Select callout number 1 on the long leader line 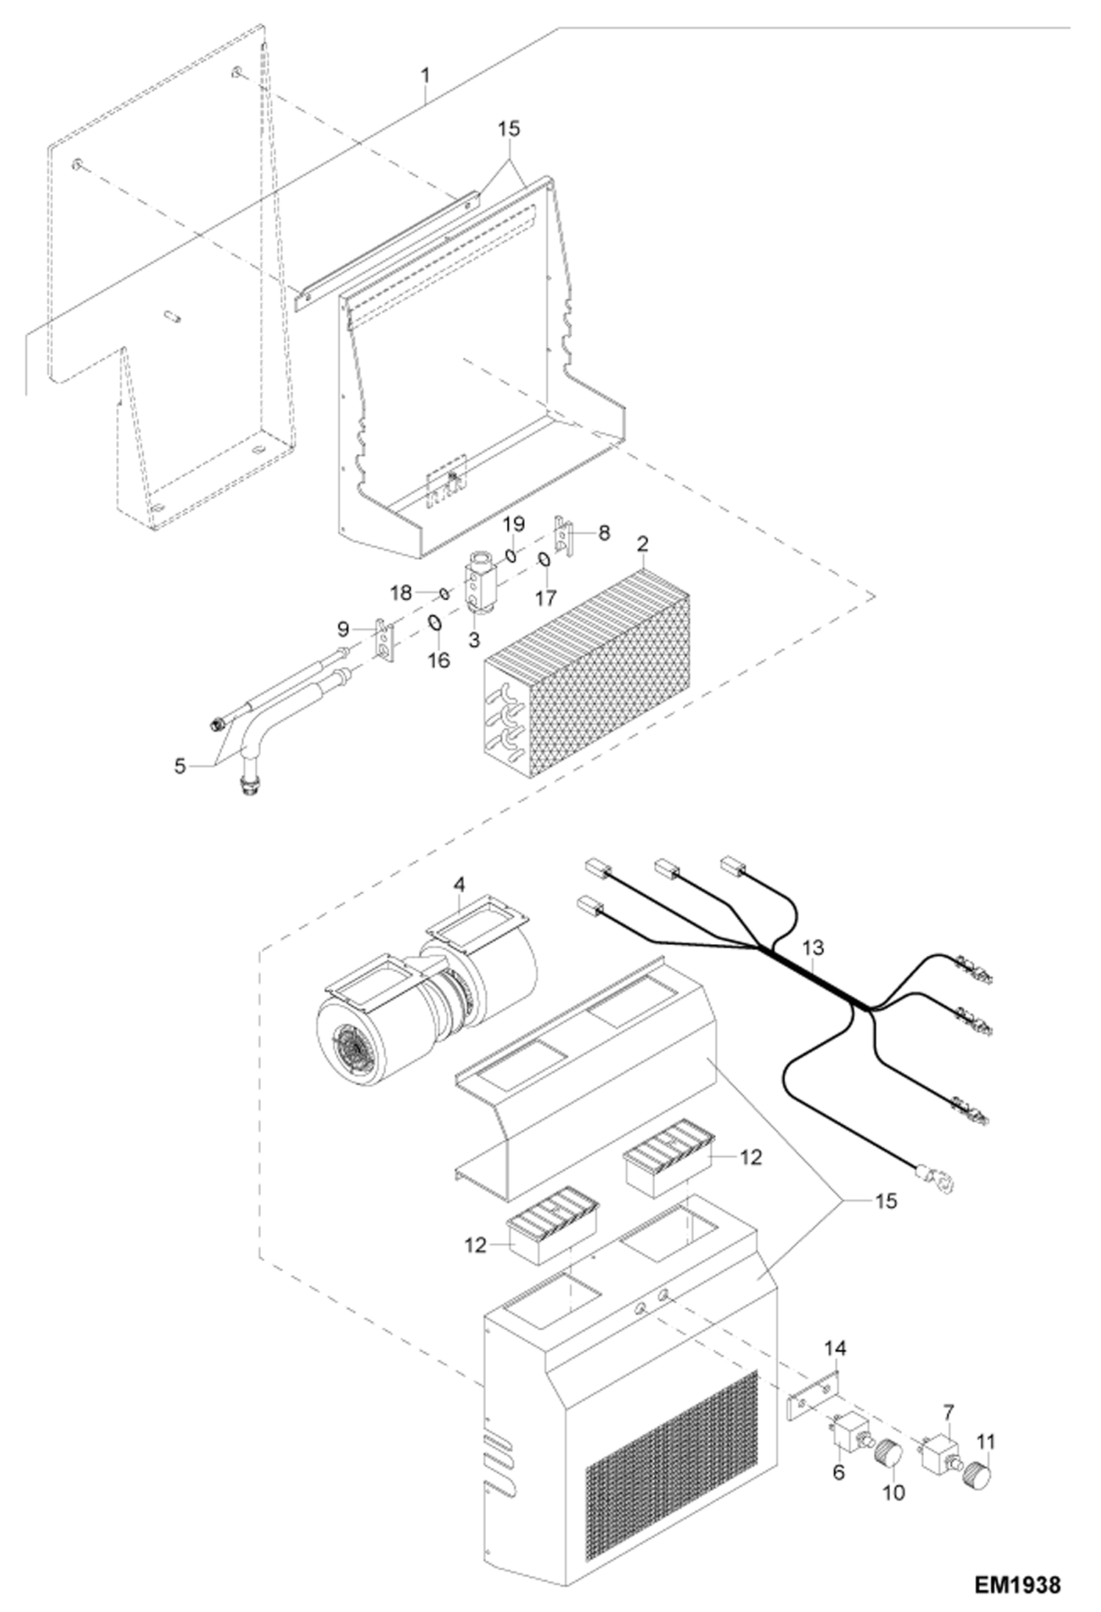coord(425,76)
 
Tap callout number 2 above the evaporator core coord(642,544)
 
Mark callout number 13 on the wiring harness coord(814,948)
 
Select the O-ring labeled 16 coord(434,624)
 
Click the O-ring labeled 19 coord(509,553)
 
